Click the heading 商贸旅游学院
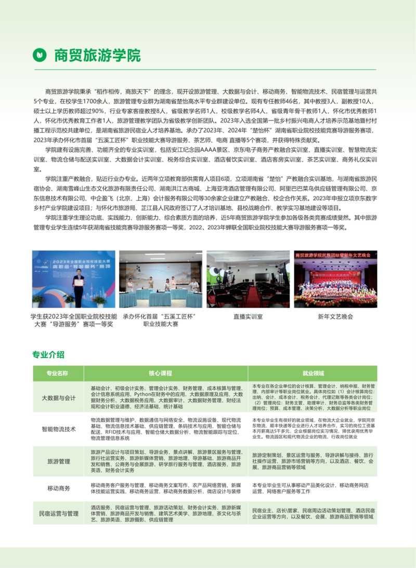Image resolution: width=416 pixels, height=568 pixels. pyautogui.click(x=97, y=55)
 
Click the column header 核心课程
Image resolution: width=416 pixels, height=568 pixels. pyautogui.click(x=160, y=373)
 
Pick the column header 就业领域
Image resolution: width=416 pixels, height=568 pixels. pyautogui.click(x=313, y=373)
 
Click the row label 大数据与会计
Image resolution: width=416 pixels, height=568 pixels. pyautogui.click(x=59, y=398)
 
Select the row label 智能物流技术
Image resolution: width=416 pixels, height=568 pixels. pyautogui.click(x=59, y=429)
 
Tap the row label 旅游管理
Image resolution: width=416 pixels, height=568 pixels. pyautogui.click(x=59, y=461)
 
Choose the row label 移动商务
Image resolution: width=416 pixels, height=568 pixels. pyautogui.click(x=59, y=488)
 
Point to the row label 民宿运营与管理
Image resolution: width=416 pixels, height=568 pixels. pyautogui.click(x=59, y=513)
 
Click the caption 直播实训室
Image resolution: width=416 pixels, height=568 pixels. pyautogui.click(x=248, y=316)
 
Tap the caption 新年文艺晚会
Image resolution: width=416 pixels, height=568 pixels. pyautogui.click(x=335, y=316)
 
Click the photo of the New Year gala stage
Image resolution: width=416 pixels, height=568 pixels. pyautogui.click(x=335, y=279)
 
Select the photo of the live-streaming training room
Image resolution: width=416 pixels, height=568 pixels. pyautogui.click(x=248, y=279)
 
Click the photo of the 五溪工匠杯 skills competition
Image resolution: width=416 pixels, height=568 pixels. pyautogui.click(x=161, y=279)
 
